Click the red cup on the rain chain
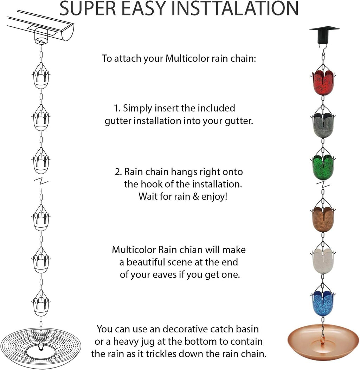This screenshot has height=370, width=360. (323, 82)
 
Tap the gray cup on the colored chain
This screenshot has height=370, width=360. (323, 126)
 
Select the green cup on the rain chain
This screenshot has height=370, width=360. (323, 167)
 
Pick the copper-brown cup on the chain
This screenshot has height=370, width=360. (323, 219)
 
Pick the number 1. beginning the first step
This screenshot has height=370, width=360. (117, 108)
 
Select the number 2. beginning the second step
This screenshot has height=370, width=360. (118, 172)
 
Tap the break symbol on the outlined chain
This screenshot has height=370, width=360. (41, 182)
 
